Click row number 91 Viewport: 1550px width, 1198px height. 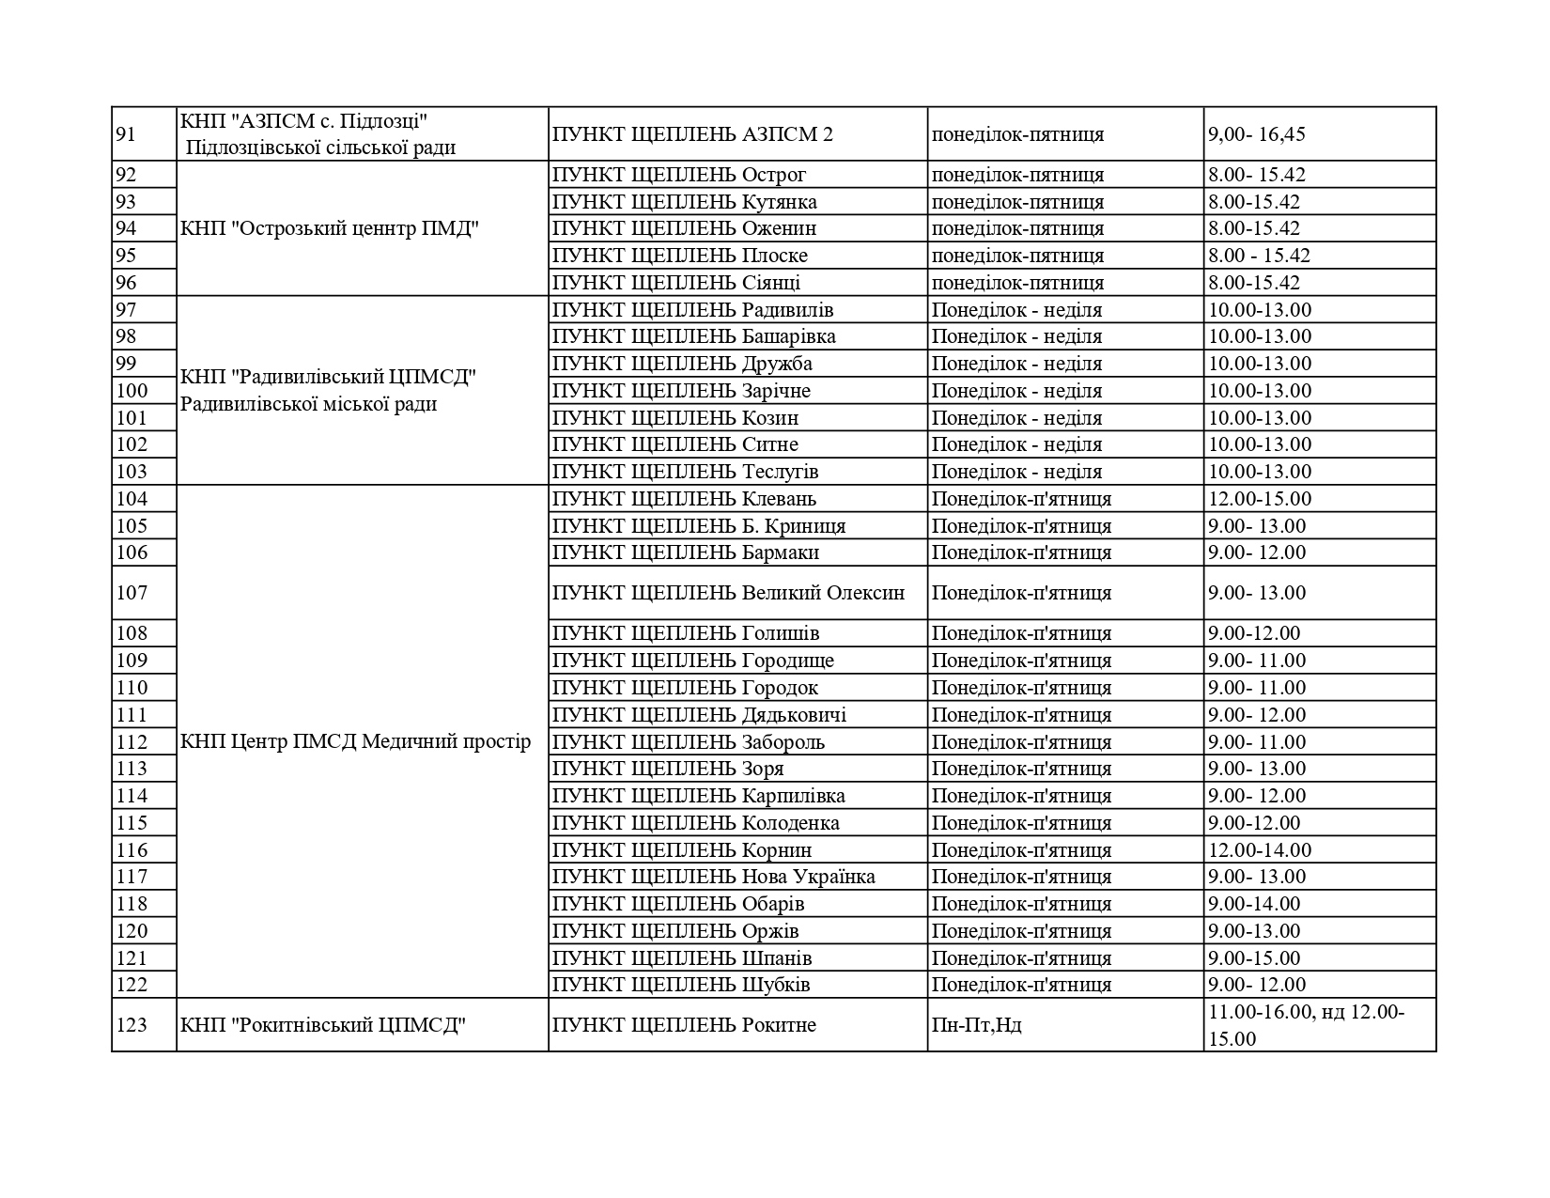126,134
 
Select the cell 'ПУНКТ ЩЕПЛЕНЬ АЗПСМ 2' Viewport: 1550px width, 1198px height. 692,134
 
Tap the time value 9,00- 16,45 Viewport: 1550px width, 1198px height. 1256,134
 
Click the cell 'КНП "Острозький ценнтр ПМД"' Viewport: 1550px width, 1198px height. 330,228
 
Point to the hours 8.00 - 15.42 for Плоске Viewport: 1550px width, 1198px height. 1259,256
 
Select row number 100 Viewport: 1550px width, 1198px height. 132,391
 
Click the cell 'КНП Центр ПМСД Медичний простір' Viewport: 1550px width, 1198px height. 355,741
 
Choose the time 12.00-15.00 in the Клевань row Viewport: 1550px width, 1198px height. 1260,499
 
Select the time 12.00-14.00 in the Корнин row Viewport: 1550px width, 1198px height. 1260,850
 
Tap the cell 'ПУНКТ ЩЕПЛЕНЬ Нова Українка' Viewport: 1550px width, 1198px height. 713,877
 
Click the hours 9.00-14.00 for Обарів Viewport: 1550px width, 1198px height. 1254,904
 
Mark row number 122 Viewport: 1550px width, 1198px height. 132,985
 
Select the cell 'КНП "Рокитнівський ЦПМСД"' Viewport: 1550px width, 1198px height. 323,1025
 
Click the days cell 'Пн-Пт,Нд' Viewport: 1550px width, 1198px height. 976,1025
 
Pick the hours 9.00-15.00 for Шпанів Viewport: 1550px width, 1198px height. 1254,958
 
